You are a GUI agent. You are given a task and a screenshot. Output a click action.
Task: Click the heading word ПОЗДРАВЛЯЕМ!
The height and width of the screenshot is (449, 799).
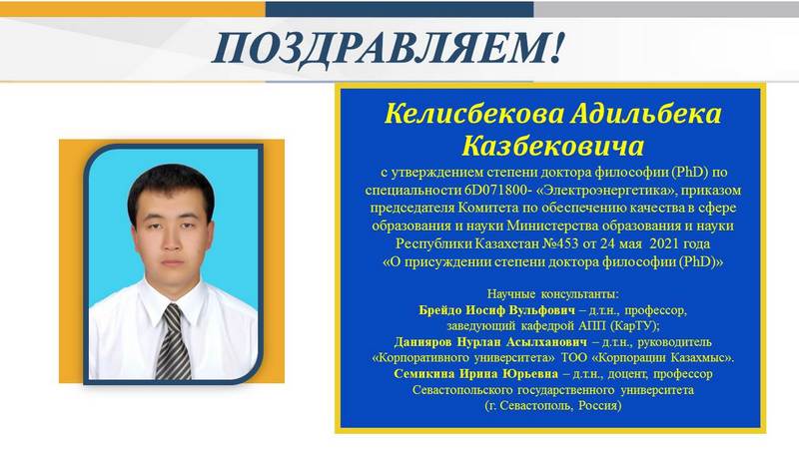389,48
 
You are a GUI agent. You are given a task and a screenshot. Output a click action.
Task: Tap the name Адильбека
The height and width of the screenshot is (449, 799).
646,114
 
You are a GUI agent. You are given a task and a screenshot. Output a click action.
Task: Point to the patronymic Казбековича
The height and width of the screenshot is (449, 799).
553,146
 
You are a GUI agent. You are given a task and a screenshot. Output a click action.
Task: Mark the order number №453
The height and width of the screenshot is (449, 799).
560,243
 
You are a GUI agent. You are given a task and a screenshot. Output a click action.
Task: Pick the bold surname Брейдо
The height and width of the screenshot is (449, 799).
440,310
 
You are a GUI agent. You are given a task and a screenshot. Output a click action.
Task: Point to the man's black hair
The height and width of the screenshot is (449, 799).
171,186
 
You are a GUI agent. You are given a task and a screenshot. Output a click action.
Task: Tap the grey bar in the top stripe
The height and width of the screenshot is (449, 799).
666,9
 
